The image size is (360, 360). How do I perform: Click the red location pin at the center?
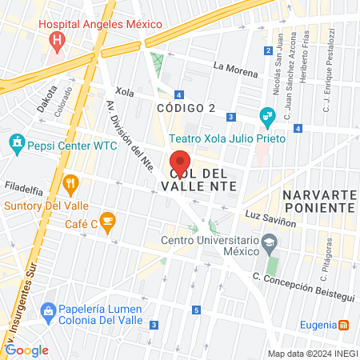tap(180, 162)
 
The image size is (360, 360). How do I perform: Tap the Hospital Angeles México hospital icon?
tap(57, 40)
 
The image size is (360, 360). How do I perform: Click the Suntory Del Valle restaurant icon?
tap(70, 183)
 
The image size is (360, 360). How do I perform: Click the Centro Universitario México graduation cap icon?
tap(269, 241)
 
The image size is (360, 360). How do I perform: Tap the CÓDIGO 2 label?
tap(186, 108)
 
